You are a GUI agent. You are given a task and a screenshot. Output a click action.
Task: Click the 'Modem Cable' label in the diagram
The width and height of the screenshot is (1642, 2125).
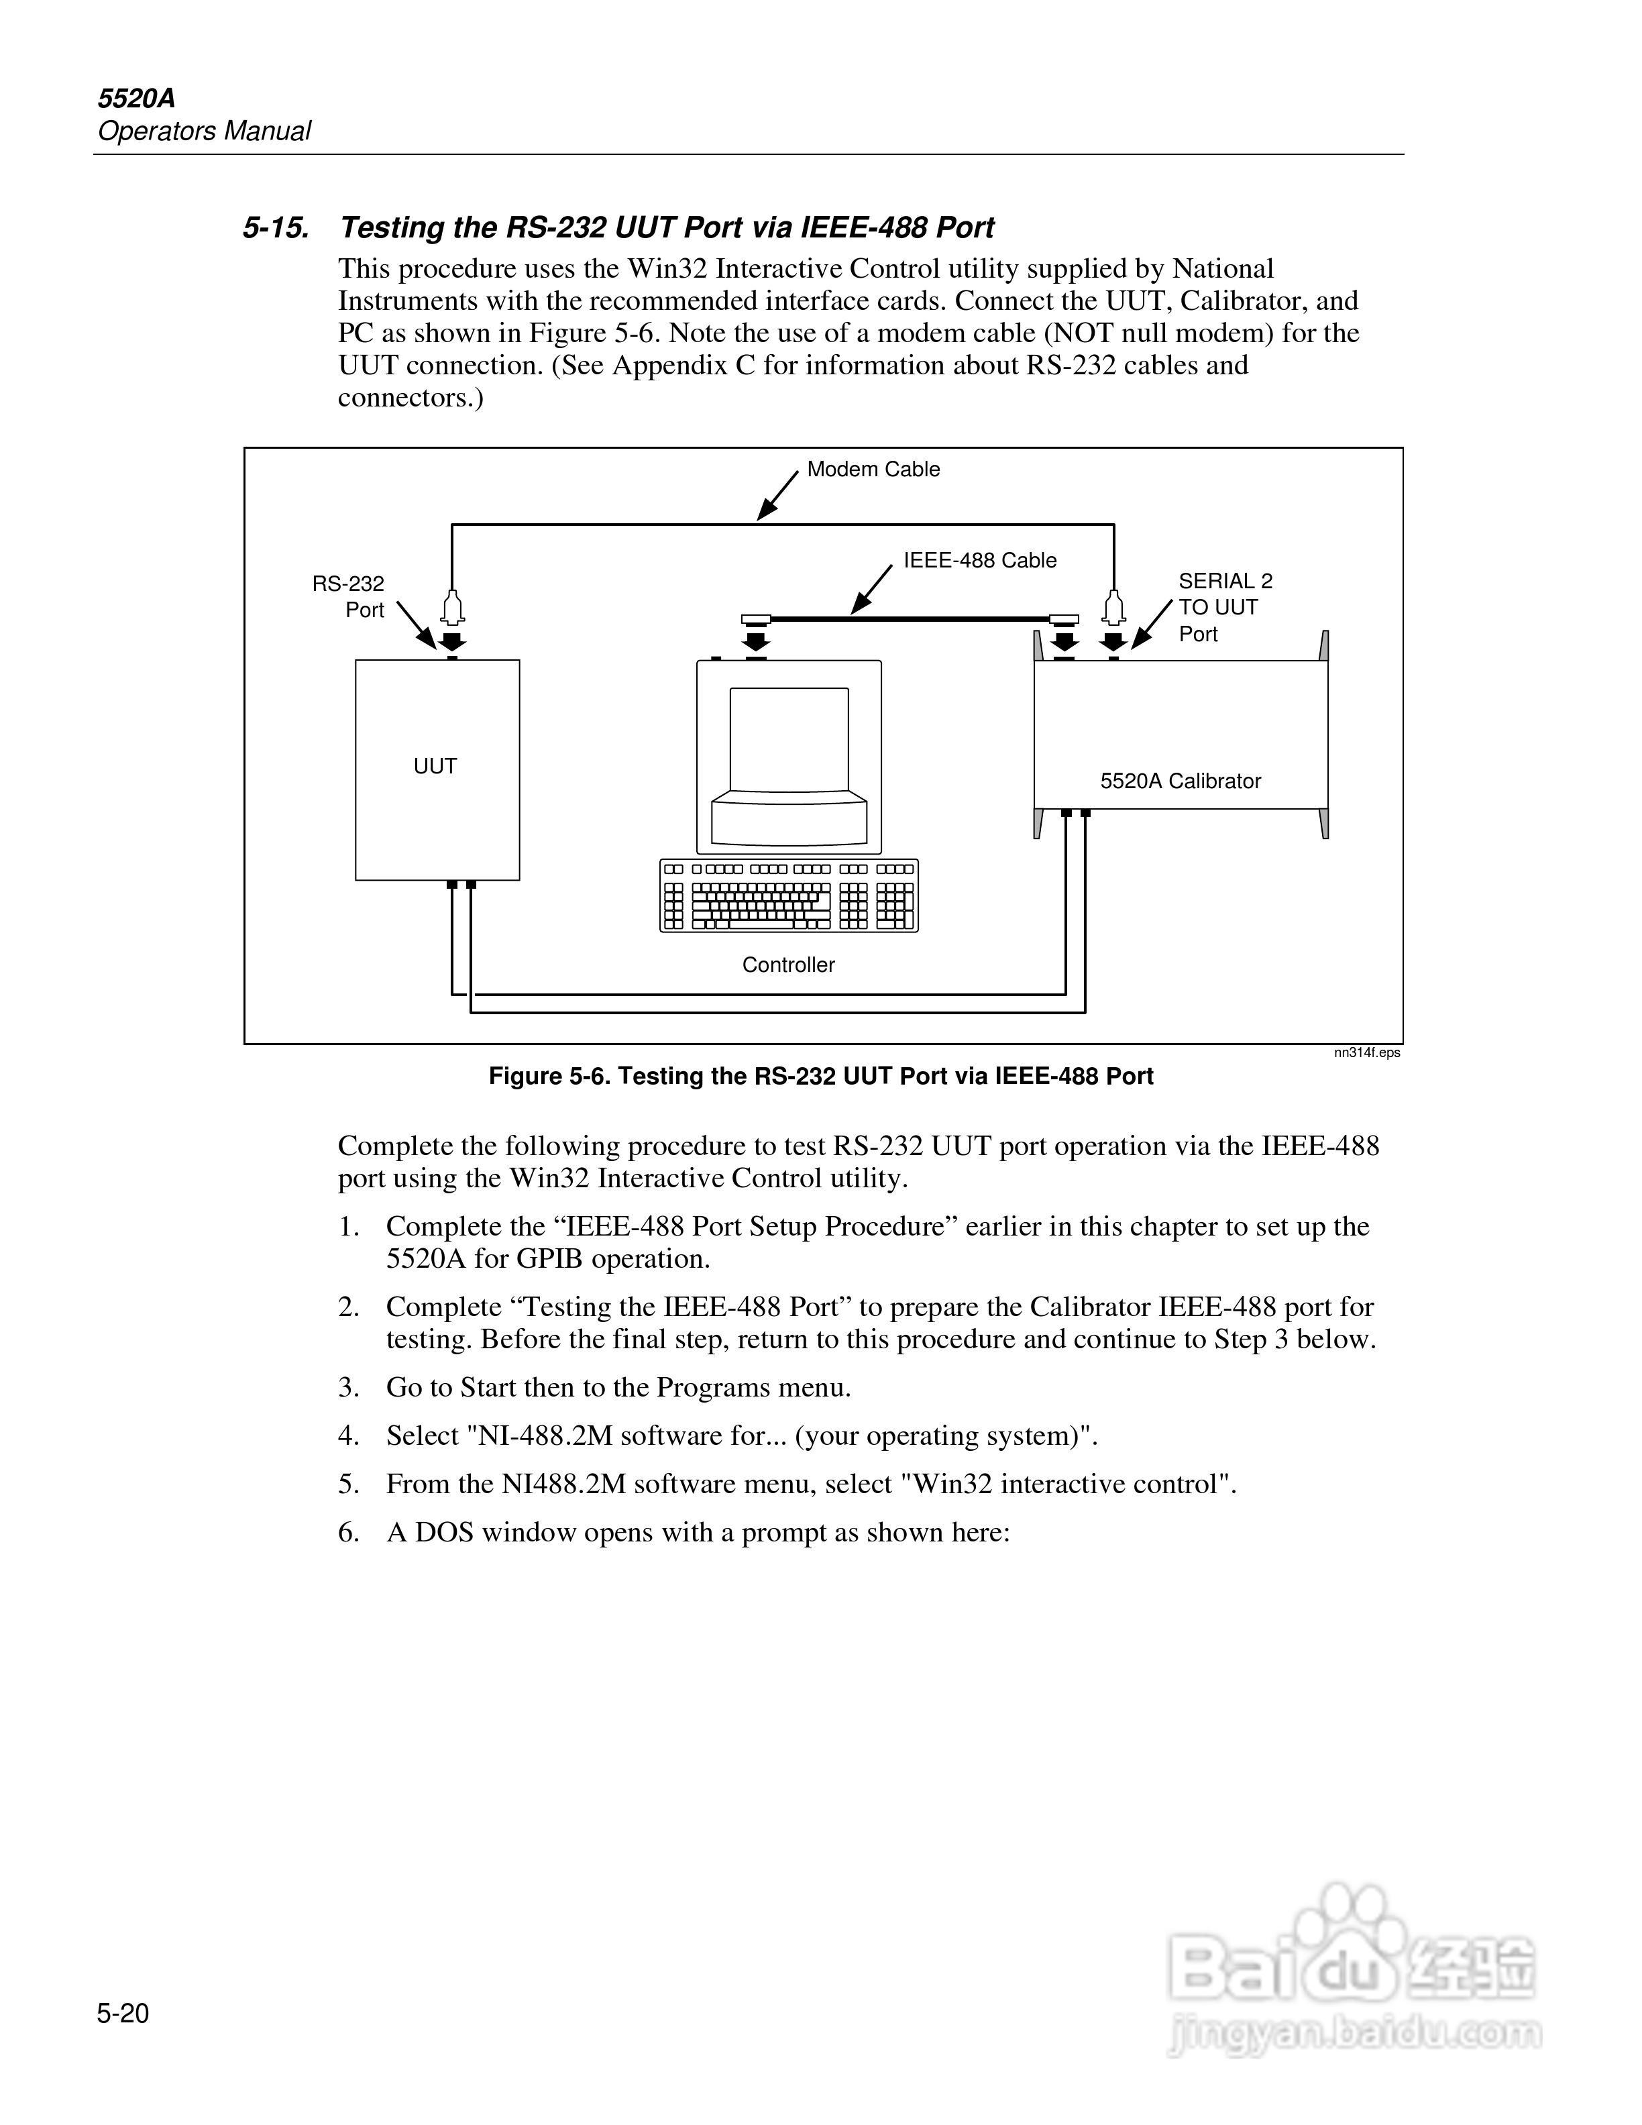(873, 469)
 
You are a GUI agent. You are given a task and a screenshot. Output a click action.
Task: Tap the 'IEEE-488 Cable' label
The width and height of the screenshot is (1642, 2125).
(979, 561)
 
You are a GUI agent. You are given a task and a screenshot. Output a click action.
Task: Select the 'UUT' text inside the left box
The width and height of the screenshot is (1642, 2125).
(435, 767)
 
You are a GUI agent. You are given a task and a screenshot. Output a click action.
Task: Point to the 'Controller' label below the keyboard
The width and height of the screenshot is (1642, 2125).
(788, 964)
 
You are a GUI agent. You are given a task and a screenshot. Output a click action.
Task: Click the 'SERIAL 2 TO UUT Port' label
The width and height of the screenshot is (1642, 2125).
(1225, 607)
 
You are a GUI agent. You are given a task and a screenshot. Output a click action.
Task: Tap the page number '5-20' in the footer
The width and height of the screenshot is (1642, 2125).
(123, 2013)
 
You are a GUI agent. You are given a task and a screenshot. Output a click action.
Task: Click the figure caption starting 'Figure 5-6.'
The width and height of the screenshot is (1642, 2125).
(820, 1076)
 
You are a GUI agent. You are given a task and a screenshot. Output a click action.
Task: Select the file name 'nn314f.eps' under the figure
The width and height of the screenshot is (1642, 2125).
(1367, 1052)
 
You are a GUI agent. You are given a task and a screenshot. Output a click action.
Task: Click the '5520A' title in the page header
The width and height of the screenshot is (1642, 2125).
(136, 99)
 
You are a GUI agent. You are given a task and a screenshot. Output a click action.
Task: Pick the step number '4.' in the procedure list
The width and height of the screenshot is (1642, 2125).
(349, 1435)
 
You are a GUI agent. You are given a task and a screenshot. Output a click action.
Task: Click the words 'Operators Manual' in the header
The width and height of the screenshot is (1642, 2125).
(205, 131)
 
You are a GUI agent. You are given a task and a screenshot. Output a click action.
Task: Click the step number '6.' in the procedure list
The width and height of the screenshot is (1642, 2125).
(349, 1533)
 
